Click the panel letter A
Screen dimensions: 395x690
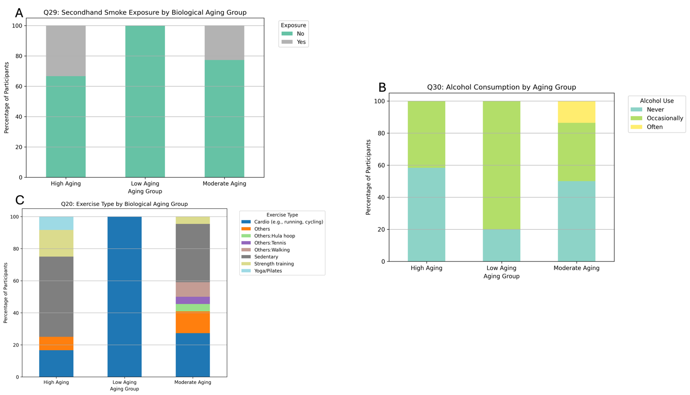click(x=19, y=13)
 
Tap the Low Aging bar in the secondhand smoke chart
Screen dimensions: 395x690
click(x=145, y=101)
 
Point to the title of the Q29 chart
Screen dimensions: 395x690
click(x=145, y=13)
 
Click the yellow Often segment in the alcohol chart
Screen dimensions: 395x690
click(x=576, y=112)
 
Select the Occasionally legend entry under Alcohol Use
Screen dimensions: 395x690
click(x=665, y=118)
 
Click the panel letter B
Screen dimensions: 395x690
click(x=382, y=87)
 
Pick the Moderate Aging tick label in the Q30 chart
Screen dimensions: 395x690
click(x=576, y=268)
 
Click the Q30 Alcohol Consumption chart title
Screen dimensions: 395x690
click(x=501, y=87)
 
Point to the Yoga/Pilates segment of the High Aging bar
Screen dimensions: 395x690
click(x=56, y=223)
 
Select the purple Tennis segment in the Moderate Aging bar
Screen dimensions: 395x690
click(x=193, y=300)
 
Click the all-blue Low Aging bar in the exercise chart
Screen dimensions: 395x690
click(x=124, y=297)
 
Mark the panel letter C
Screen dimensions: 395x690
click(x=19, y=200)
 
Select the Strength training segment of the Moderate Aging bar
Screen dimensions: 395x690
click(x=193, y=220)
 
